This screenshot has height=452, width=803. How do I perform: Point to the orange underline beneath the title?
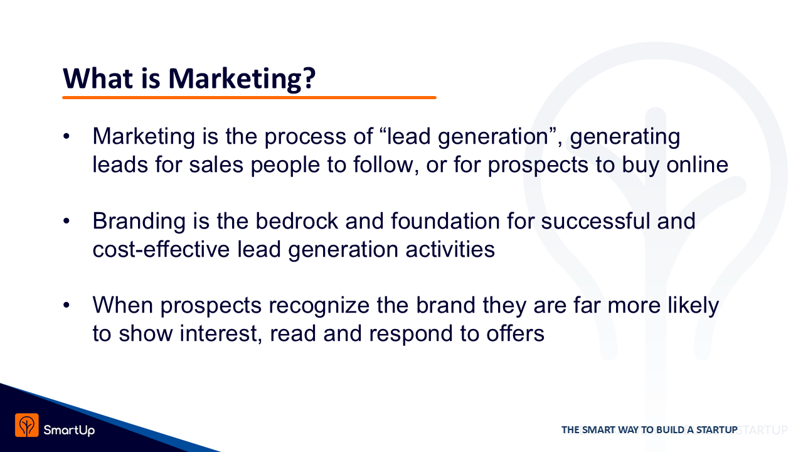tap(249, 97)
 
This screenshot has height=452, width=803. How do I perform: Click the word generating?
tap(625, 137)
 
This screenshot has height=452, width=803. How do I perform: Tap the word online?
tap(697, 165)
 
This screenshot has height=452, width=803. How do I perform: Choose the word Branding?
tap(139, 222)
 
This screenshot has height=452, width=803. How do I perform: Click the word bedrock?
tap(297, 221)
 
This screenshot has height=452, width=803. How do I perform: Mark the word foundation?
tap(445, 221)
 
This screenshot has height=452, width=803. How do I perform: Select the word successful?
tap(595, 221)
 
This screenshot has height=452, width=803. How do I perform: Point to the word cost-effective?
tap(161, 250)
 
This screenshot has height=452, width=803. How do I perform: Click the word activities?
tap(450, 250)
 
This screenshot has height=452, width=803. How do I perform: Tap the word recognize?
tap(319, 306)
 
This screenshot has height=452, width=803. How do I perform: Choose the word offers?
tap(515, 334)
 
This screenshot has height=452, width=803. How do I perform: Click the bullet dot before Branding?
tap(66, 222)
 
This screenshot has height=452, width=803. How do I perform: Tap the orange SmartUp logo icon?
tap(27, 425)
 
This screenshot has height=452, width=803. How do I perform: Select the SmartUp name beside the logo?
tap(69, 430)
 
